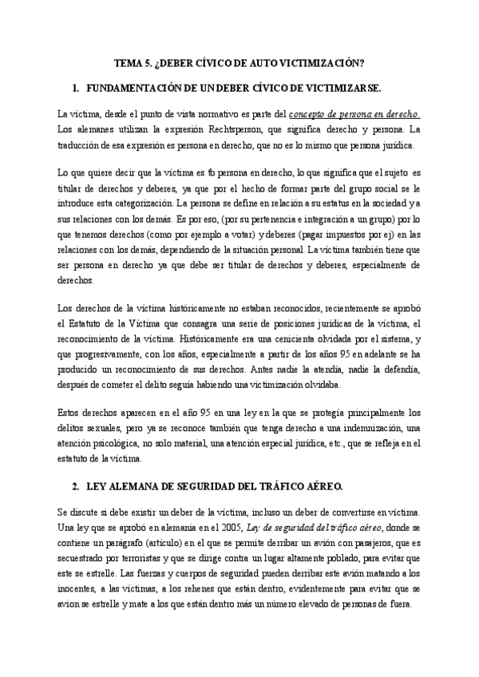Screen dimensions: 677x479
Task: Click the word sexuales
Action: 89,429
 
